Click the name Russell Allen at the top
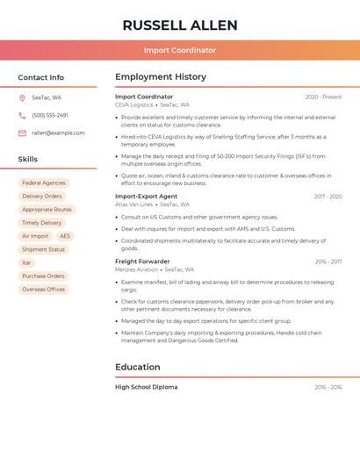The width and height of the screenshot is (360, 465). pyautogui.click(x=180, y=25)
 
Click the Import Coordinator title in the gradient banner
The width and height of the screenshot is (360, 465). pyautogui.click(x=180, y=50)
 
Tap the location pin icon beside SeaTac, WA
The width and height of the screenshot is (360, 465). pyautogui.click(x=22, y=97)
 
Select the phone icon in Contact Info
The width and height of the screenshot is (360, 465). pyautogui.click(x=22, y=115)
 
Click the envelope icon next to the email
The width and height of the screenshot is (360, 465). pyautogui.click(x=22, y=132)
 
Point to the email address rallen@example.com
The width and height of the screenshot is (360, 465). pyautogui.click(x=58, y=132)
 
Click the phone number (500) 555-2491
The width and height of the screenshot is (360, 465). pyautogui.click(x=50, y=115)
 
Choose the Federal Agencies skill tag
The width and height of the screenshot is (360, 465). pyautogui.click(x=44, y=183)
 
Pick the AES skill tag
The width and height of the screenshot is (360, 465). pyautogui.click(x=65, y=236)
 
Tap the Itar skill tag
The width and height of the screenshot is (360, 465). pyautogui.click(x=26, y=262)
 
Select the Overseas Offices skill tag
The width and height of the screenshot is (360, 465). pyautogui.click(x=44, y=289)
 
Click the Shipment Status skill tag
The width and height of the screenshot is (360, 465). pyautogui.click(x=44, y=249)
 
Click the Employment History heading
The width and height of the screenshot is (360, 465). pyautogui.click(x=161, y=77)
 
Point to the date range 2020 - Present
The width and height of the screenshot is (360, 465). pyautogui.click(x=323, y=97)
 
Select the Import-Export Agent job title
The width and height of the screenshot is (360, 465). pyautogui.click(x=146, y=196)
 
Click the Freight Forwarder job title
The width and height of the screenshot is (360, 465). pyautogui.click(x=142, y=261)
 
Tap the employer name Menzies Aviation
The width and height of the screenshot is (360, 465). pyautogui.click(x=135, y=269)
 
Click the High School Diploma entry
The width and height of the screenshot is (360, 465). pyautogui.click(x=146, y=387)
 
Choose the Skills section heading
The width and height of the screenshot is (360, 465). pyautogui.click(x=28, y=159)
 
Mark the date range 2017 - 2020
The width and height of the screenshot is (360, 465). pyautogui.click(x=328, y=197)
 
